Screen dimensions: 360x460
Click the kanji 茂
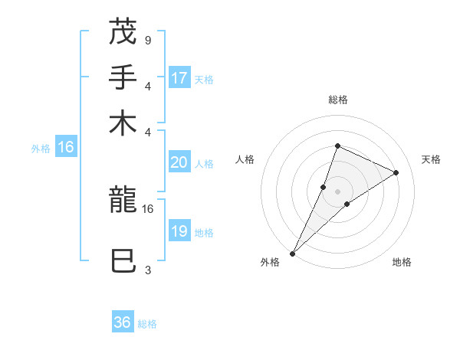[x=123, y=31]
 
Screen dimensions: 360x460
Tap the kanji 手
[x=123, y=77]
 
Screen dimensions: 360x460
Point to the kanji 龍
[x=123, y=201]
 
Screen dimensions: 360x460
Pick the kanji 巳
[x=123, y=262]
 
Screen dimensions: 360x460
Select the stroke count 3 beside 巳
[x=147, y=270]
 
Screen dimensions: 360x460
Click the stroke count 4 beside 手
[x=147, y=86]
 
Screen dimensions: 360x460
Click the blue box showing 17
[x=179, y=78]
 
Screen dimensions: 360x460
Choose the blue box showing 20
[x=179, y=162]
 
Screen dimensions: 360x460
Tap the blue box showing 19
[x=179, y=231]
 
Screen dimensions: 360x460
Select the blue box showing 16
[x=66, y=147]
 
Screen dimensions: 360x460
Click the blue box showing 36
[x=123, y=322]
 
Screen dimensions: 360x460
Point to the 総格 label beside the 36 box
[x=147, y=324]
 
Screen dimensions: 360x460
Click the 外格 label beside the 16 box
[x=41, y=149]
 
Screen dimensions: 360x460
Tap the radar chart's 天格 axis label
[x=431, y=159]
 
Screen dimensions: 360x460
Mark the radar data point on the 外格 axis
[x=293, y=253]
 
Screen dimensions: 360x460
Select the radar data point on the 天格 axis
[x=396, y=172]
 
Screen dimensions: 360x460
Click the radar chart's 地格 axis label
[x=402, y=262]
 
